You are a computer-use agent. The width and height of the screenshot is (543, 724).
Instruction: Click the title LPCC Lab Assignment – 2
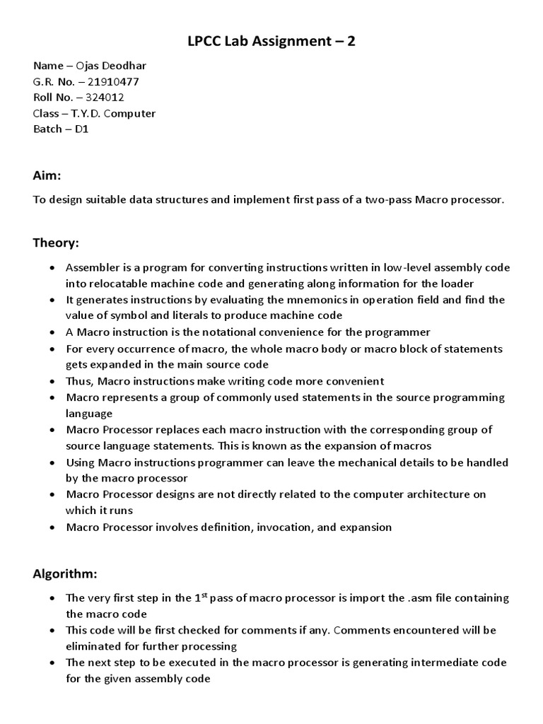(x=271, y=42)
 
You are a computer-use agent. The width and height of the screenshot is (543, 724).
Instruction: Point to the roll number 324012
(x=112, y=98)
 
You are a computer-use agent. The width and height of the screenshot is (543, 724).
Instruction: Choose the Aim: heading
(x=47, y=175)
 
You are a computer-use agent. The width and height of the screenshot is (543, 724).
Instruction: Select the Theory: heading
(x=57, y=243)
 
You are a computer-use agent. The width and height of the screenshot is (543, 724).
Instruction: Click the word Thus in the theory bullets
(x=78, y=381)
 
